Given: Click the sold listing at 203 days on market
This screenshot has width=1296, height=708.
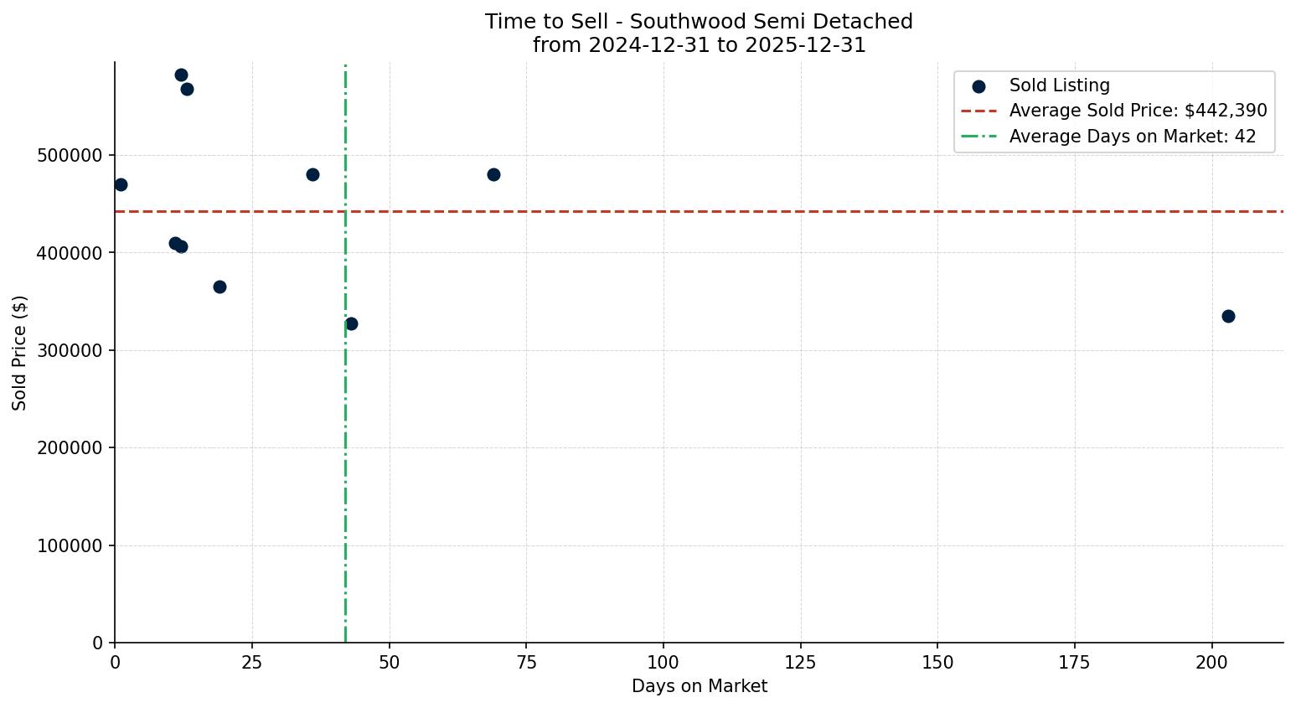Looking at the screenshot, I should pos(1228,316).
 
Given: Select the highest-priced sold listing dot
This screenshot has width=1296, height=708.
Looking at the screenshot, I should pos(181,75).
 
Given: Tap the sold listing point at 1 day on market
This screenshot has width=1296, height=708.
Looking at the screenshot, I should pos(121,184).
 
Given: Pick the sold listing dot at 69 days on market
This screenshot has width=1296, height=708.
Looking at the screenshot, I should pos(493,174).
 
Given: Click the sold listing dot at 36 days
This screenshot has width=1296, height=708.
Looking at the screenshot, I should pos(312,174).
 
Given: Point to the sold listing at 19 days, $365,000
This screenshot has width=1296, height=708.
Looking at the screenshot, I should pos(219,287).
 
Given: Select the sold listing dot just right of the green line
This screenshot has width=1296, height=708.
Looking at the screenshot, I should pos(351,323).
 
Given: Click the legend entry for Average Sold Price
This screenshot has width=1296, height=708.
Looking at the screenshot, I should pos(1138,111).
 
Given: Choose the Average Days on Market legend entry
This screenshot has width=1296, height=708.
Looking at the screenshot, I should pos(1132,136).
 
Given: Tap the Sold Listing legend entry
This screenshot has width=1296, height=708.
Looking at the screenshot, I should pos(1059,85).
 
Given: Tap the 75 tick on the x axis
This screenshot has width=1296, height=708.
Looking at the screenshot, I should pos(526,662).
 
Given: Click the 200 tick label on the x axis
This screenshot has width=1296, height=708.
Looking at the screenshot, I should pos(1211,662).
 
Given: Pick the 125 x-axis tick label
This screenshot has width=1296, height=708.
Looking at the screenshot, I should pos(800,662).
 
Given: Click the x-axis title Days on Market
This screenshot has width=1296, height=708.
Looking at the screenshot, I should pos(699,686).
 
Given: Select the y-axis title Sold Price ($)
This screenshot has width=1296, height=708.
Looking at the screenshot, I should pos(19,353).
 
